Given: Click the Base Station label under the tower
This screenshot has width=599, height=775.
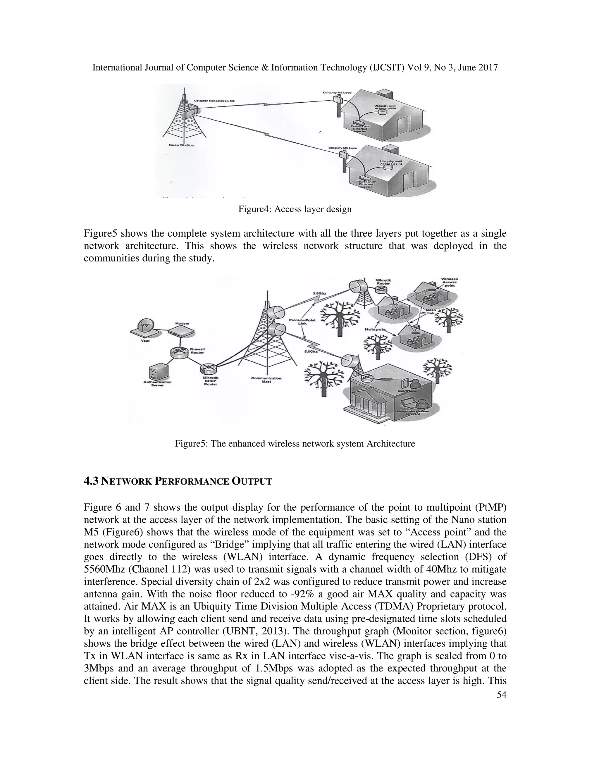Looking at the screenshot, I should [182, 145].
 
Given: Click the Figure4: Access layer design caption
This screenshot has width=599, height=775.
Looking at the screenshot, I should [295, 209].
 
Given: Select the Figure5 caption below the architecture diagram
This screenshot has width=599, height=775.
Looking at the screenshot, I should [295, 444].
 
